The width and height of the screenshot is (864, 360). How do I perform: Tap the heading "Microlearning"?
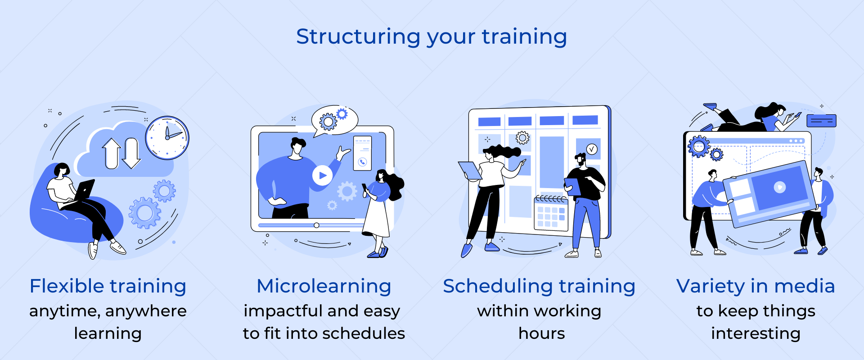324,286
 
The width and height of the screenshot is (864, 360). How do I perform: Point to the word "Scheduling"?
498,287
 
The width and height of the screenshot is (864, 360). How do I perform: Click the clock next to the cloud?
167,138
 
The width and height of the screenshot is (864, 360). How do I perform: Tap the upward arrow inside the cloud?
112,153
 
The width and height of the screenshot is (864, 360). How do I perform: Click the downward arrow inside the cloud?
131,153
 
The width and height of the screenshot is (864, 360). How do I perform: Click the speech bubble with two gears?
334,120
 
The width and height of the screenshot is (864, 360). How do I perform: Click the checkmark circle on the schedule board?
592,149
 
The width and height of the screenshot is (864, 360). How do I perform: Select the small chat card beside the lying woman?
821,121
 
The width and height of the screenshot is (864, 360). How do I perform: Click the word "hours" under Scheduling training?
541,333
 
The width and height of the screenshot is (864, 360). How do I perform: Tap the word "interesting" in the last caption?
756,333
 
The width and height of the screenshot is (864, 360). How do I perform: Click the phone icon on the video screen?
362,162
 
